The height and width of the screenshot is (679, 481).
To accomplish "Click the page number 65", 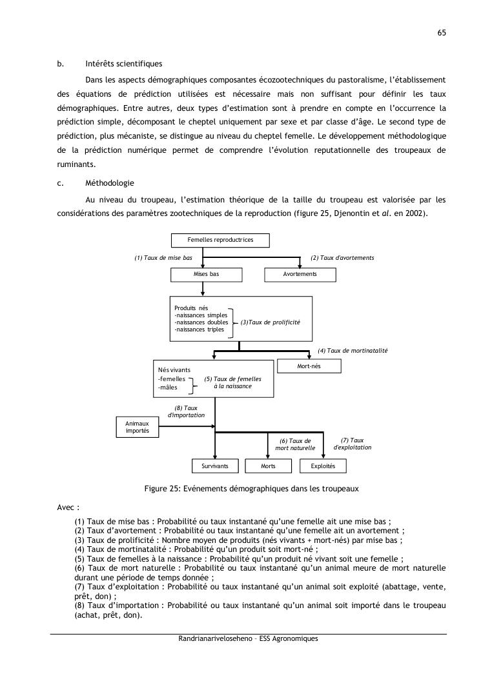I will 442,32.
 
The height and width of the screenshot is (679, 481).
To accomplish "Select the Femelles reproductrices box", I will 220,240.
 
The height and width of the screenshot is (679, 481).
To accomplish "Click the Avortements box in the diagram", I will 300,274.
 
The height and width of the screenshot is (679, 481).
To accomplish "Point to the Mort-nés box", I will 309,366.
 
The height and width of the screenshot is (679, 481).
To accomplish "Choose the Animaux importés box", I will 137,427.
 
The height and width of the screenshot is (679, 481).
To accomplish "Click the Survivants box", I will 215,466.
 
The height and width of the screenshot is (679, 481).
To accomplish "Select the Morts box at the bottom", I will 268,466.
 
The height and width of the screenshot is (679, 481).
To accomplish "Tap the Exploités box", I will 323,466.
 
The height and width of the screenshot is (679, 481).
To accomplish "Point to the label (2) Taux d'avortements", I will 342,258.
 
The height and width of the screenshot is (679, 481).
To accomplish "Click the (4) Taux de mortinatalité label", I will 352,351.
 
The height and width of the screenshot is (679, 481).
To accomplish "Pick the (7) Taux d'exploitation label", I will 352,444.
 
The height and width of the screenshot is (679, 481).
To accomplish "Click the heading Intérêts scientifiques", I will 123,64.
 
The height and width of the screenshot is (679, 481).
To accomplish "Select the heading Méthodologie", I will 109,183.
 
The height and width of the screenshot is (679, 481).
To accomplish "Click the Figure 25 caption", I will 251,489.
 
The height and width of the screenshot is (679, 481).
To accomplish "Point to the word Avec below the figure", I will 67,507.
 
